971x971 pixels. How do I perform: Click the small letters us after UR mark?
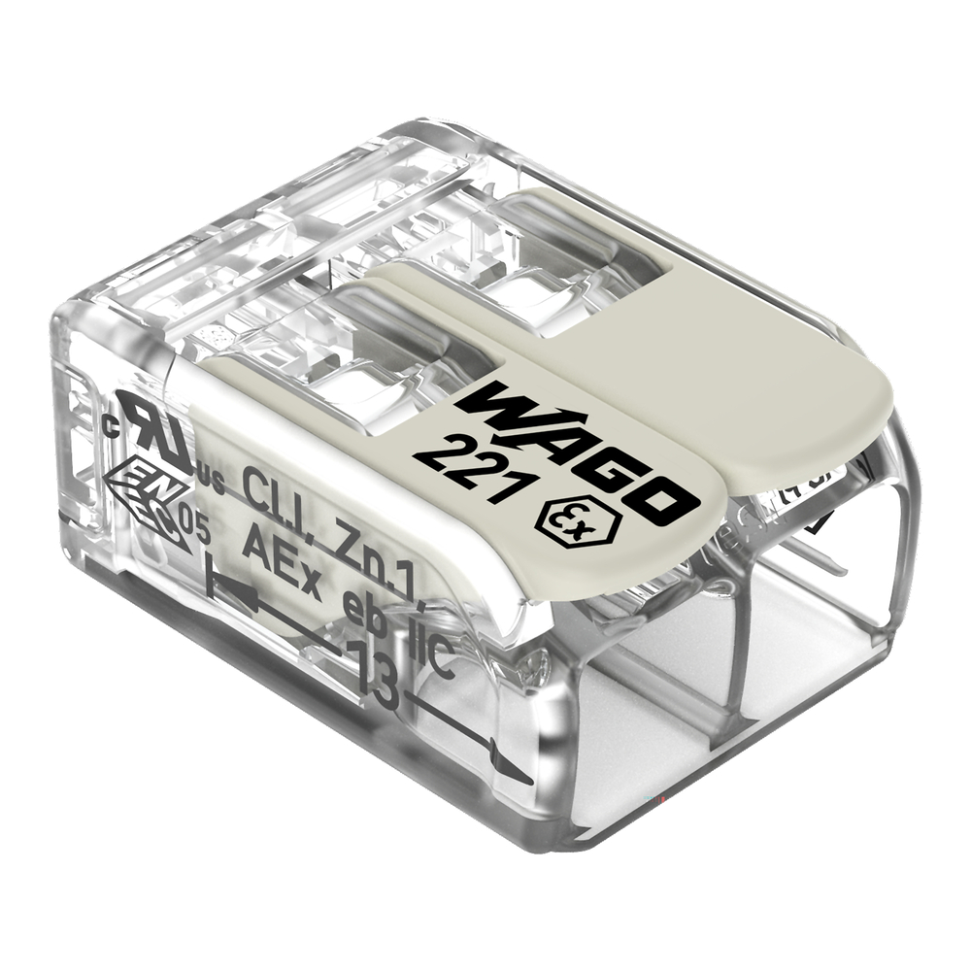211,478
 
